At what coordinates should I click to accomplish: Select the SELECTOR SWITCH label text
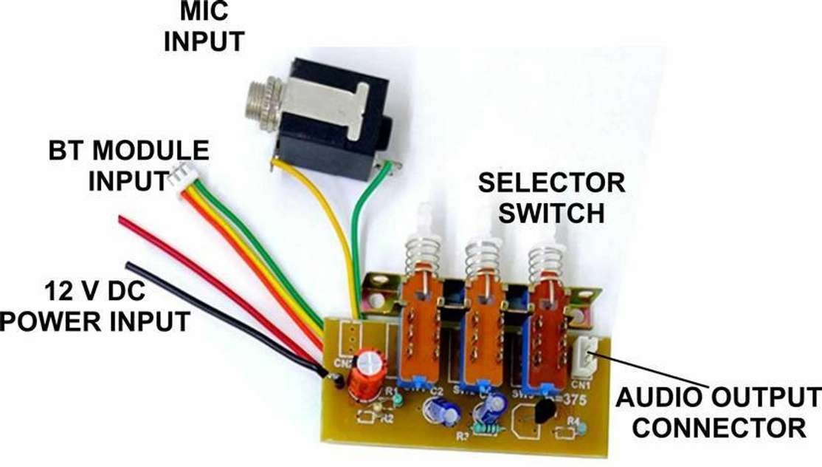pyautogui.click(x=551, y=197)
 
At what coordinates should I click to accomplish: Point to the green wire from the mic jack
pyautogui.click(x=366, y=222)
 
